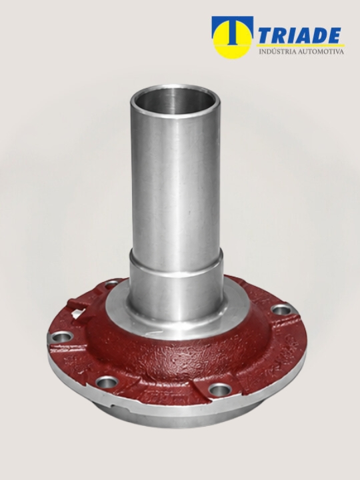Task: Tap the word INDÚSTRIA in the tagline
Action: [x=277, y=51]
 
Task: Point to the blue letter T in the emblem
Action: [x=233, y=30]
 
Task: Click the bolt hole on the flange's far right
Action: [x=281, y=310]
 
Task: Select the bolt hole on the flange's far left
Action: [x=62, y=337]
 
